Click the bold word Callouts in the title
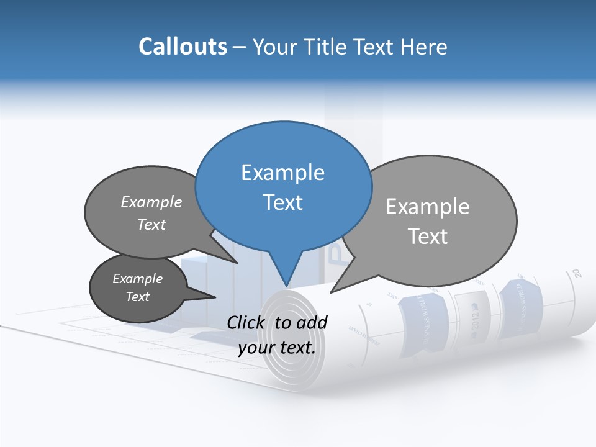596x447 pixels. [183, 47]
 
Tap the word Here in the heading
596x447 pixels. [425, 47]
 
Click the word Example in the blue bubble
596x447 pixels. [282, 173]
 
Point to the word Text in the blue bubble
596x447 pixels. [282, 202]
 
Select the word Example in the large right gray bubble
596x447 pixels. [428, 207]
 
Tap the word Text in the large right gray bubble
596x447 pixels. [428, 237]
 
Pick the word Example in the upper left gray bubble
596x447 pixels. [151, 202]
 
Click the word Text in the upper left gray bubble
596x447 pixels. [151, 224]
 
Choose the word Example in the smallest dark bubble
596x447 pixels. [137, 279]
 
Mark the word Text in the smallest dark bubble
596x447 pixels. [137, 297]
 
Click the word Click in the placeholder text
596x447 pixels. [246, 322]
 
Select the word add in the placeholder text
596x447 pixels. [312, 322]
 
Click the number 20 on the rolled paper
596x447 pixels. [577, 273]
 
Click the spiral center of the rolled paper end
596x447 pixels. [287, 329]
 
